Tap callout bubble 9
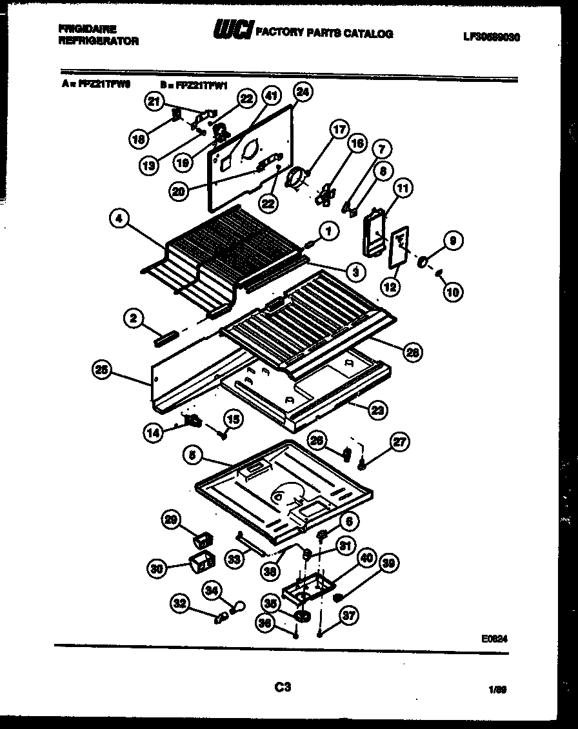click(452, 241)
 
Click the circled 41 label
click(271, 97)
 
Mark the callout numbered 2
click(132, 317)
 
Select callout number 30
click(156, 568)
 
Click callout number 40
click(366, 559)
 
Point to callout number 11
click(403, 189)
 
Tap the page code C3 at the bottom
click(282, 688)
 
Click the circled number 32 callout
click(181, 604)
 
